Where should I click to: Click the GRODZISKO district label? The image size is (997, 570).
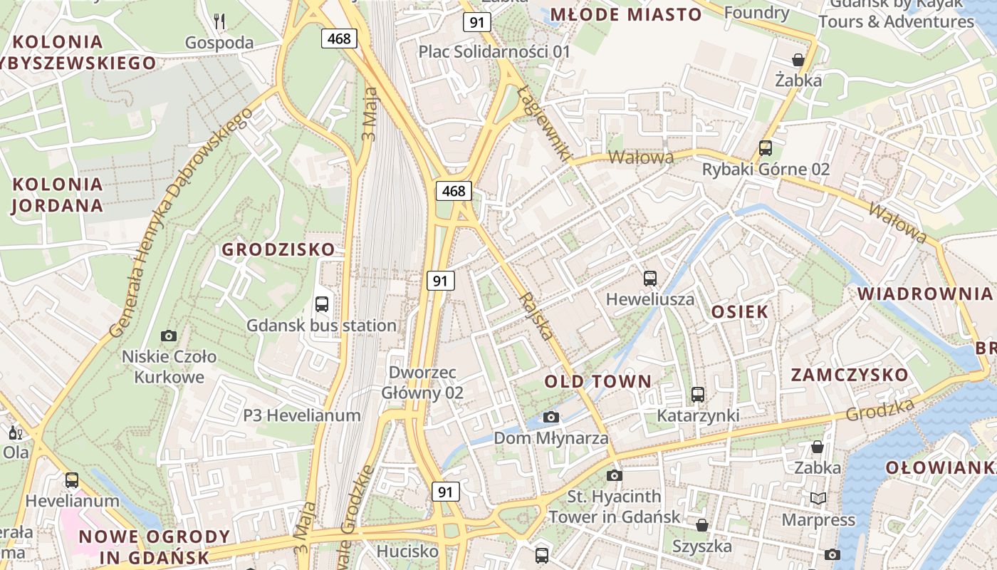click(278, 249)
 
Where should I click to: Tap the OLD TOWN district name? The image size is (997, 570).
click(598, 381)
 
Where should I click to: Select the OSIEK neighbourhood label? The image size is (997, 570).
click(740, 311)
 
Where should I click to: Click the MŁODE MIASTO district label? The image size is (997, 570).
click(627, 14)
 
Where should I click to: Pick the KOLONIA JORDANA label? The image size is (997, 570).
click(58, 195)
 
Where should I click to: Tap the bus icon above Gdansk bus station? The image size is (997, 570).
click(322, 304)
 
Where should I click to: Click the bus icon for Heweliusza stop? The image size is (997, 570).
click(650, 279)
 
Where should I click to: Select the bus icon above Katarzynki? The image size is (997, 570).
click(698, 394)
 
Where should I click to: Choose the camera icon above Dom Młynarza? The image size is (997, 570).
click(551, 417)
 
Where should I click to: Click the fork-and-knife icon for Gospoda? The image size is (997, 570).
click(219, 21)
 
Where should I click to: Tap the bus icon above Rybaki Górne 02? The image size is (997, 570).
click(766, 148)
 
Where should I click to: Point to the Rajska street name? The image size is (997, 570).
click(537, 316)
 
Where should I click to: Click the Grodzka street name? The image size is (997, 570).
click(880, 410)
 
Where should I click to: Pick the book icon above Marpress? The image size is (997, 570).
click(818, 498)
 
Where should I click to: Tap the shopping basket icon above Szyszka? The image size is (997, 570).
click(702, 525)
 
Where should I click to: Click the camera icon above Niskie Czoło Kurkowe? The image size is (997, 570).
click(169, 336)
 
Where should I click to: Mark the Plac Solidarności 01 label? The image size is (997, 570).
click(494, 51)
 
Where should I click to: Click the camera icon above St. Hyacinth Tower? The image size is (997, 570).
click(615, 475)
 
